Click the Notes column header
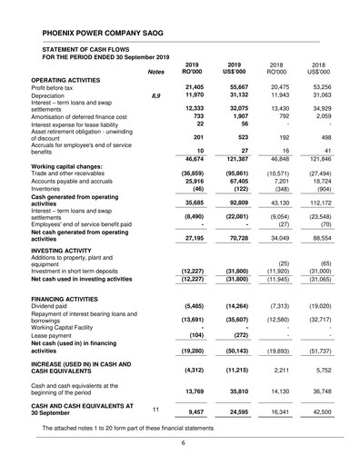pyautogui.click(x=156, y=71)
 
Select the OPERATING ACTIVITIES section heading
pyautogui.click(x=71, y=79)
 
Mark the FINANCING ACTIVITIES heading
pyautogui.click(x=72, y=298)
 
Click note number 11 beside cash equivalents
pyautogui.click(x=155, y=409)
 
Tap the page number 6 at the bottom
pyautogui.click(x=181, y=443)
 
